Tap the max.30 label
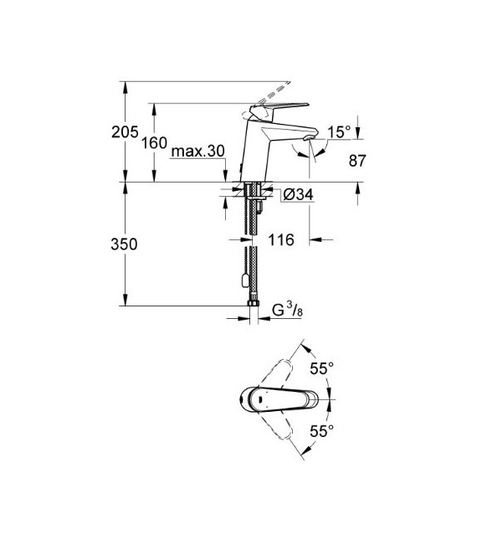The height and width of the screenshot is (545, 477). [x=197, y=152]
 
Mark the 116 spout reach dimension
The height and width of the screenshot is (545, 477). [x=281, y=241]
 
